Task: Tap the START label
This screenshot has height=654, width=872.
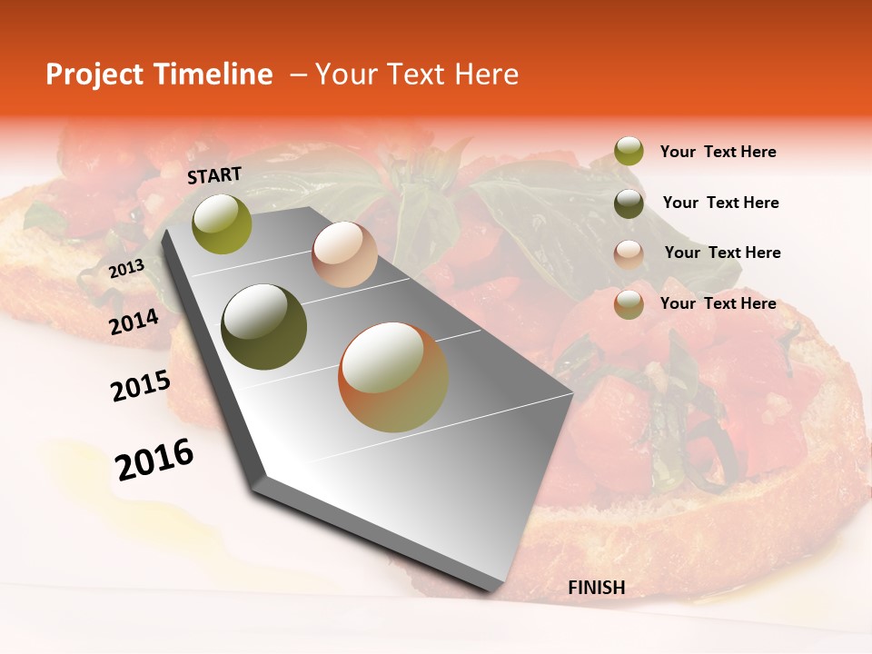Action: tap(214, 175)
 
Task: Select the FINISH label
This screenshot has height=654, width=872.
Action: tap(596, 588)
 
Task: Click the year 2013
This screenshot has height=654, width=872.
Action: tap(126, 268)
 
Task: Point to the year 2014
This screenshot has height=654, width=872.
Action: tap(134, 322)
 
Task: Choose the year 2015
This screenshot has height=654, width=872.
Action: tap(140, 386)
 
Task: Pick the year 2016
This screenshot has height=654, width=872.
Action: tap(154, 459)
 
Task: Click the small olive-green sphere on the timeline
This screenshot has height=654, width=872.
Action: tap(222, 223)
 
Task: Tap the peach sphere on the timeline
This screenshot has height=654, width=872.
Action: tap(344, 254)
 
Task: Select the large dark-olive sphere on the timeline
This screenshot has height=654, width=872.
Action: tap(264, 327)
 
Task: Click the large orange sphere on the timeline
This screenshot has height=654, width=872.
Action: tap(393, 377)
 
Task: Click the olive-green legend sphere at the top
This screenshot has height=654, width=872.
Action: tap(629, 152)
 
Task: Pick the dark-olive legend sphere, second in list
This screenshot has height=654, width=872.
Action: tap(629, 203)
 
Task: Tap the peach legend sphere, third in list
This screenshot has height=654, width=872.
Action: tap(629, 253)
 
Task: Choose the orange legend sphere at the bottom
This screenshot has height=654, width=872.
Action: tap(629, 304)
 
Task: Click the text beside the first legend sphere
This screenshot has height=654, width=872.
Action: tap(718, 152)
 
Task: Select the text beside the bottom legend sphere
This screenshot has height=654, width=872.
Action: tap(718, 303)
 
